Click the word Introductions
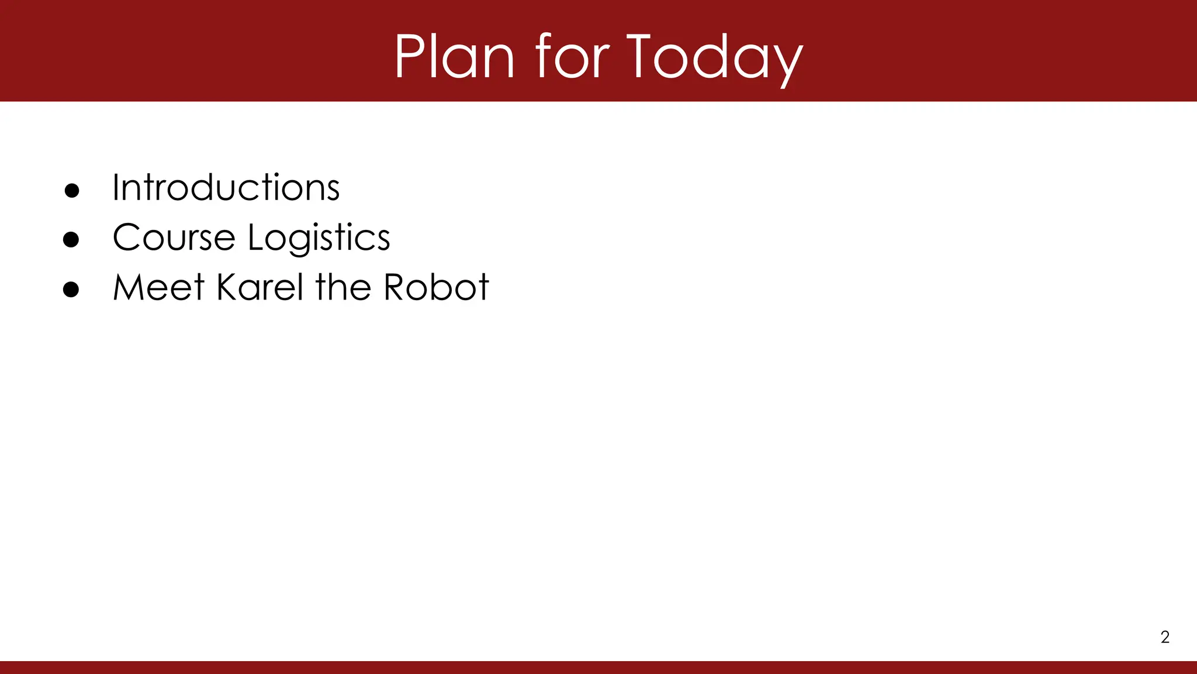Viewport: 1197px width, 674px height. pos(226,188)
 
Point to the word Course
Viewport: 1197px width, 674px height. pos(174,238)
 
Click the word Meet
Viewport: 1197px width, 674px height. pos(158,287)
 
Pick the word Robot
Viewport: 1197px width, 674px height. pos(436,287)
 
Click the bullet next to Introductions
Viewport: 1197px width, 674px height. pos(72,191)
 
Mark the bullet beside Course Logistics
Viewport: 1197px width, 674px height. pos(71,240)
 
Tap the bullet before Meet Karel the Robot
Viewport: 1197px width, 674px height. pos(71,290)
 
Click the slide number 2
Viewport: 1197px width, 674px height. pos(1165,637)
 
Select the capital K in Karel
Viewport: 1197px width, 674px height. pos(226,287)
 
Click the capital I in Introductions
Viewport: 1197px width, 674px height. pos(115,188)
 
